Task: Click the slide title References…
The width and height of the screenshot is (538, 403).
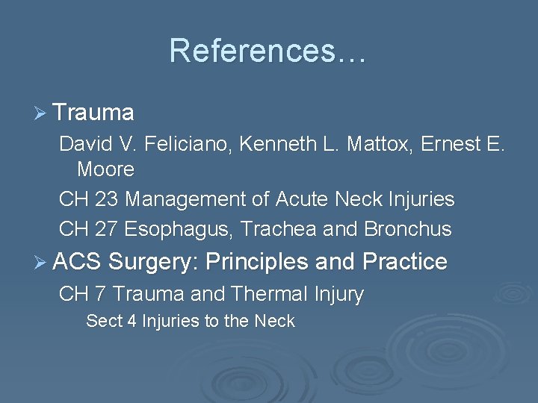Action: click(x=268, y=51)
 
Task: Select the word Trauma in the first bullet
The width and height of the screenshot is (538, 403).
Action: click(x=93, y=113)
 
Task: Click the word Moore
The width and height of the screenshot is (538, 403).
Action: click(x=105, y=169)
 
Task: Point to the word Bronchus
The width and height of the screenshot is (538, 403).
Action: click(x=408, y=228)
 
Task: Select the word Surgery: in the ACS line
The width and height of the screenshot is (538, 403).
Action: click(x=152, y=262)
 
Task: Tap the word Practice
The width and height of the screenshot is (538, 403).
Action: click(x=404, y=262)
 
